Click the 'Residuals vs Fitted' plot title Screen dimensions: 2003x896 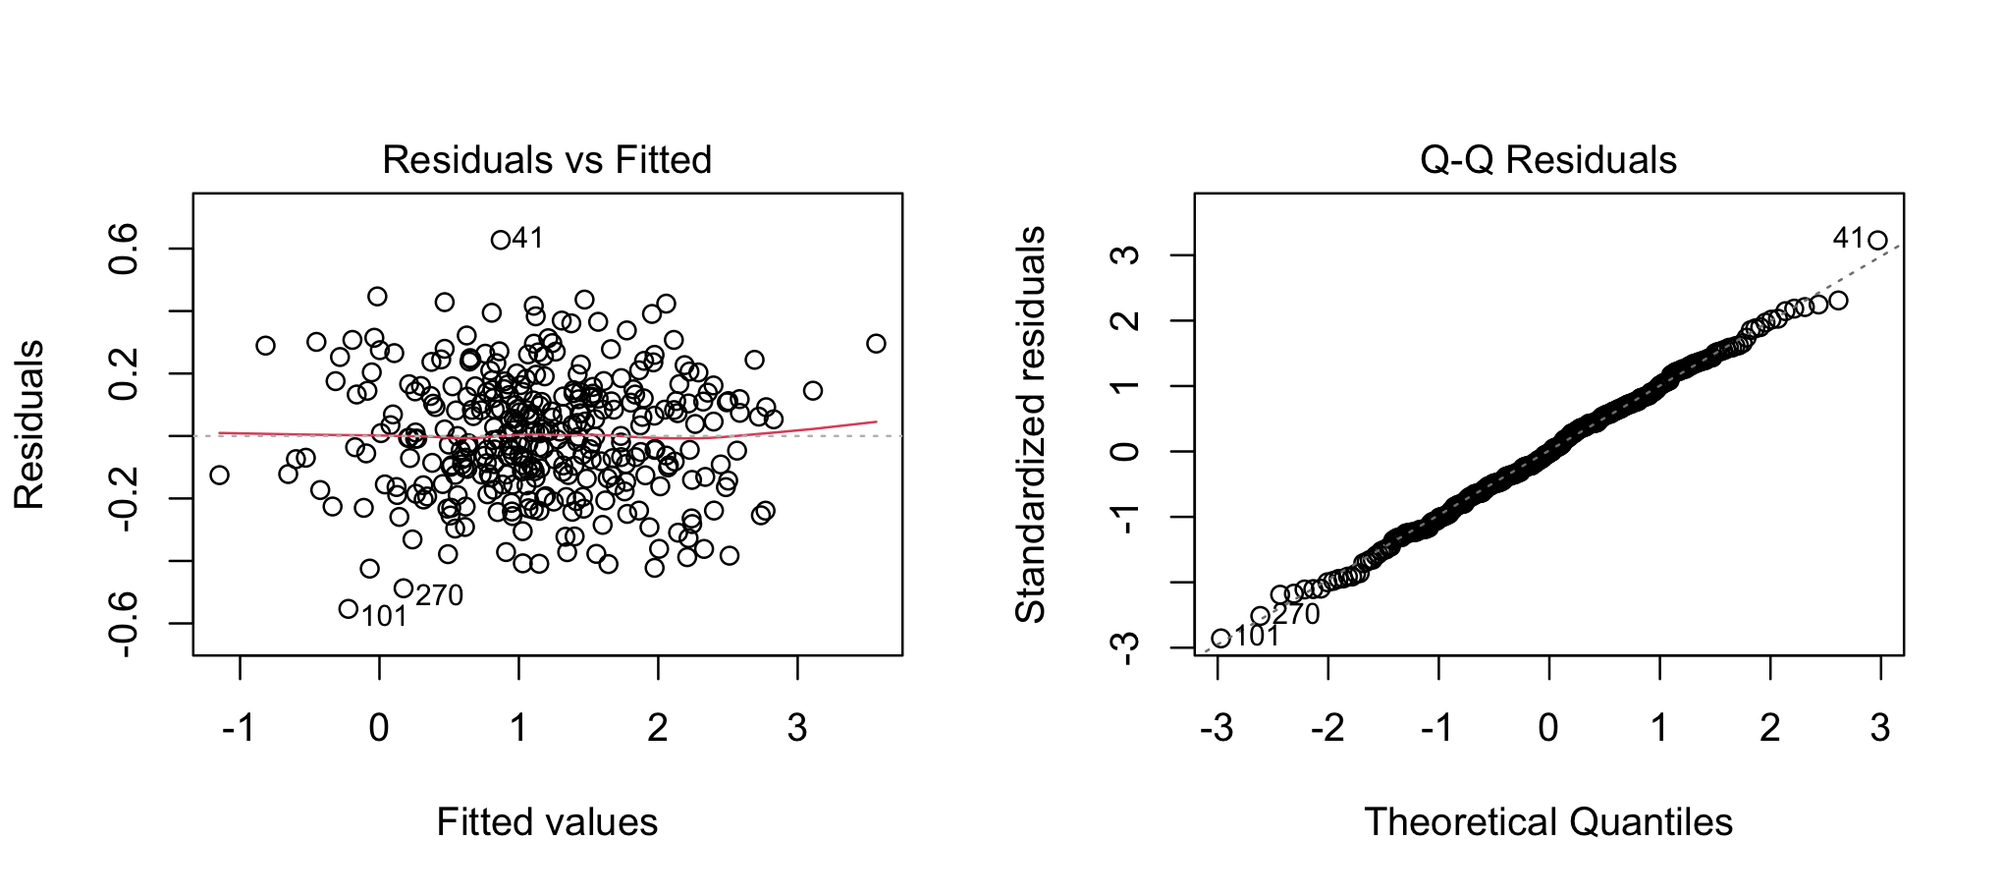[547, 160]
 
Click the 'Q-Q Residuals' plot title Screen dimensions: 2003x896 [1548, 160]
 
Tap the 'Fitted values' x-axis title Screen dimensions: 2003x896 [547, 822]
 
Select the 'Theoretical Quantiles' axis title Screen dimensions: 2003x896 [1548, 822]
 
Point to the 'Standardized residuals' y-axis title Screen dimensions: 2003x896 [1030, 424]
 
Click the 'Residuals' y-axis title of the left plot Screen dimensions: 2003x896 [28, 424]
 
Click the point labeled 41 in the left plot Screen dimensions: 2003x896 [500, 240]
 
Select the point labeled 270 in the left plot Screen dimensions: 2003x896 [403, 588]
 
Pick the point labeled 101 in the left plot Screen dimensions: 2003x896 [348, 609]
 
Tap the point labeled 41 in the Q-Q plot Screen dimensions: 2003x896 [1877, 240]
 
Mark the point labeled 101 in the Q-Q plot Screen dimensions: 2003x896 [1220, 639]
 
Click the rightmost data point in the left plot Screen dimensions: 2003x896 [876, 343]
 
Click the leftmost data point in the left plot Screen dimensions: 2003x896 [219, 475]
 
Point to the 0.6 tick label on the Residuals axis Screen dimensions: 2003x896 [125, 249]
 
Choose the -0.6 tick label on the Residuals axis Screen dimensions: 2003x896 [125, 623]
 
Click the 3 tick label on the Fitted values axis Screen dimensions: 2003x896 [797, 728]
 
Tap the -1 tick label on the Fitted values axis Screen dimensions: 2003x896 [240, 728]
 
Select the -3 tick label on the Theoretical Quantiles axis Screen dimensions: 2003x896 [1218, 728]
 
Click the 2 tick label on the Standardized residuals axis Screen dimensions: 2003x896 [1128, 320]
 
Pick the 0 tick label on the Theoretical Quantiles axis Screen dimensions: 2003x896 [1548, 728]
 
